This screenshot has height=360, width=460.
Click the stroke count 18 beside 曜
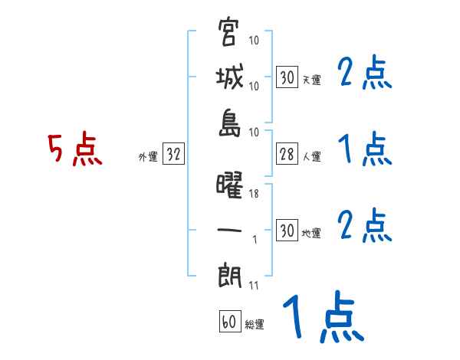click(255, 195)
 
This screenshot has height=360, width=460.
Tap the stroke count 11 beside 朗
click(255, 287)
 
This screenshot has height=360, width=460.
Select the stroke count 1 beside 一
click(255, 240)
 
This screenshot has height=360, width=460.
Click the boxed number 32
click(173, 155)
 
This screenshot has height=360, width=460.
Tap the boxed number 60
click(228, 322)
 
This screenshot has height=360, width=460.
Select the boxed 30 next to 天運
click(287, 78)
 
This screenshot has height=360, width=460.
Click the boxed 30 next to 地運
click(287, 231)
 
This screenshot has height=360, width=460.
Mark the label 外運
click(147, 156)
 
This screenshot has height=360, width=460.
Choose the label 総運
click(255, 324)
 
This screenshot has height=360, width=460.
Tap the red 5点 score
click(74, 149)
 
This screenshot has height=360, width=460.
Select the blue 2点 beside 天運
click(364, 74)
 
